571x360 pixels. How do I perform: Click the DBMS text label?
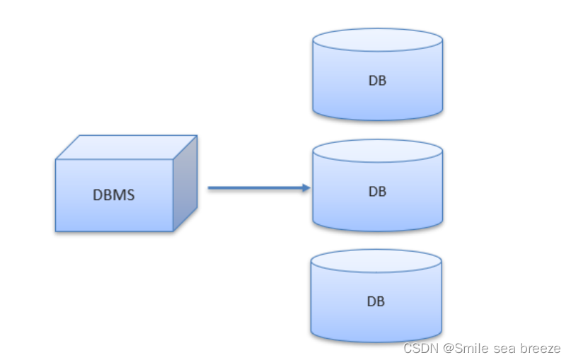pyautogui.click(x=114, y=194)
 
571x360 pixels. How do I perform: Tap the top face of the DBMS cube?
pyautogui.click(x=126, y=147)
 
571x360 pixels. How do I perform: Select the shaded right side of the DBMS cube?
pyautogui.click(x=185, y=183)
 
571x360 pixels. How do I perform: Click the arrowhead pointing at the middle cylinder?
pyautogui.click(x=306, y=187)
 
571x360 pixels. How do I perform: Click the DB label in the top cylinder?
pyautogui.click(x=377, y=81)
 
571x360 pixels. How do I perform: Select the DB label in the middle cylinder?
pyautogui.click(x=377, y=191)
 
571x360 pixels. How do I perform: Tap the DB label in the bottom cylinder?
pyautogui.click(x=376, y=301)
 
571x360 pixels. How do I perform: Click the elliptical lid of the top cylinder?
pyautogui.click(x=378, y=40)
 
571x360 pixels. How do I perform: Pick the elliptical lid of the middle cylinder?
pyautogui.click(x=378, y=151)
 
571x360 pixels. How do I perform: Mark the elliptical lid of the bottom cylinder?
pyautogui.click(x=376, y=261)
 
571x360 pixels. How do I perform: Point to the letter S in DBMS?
pyautogui.click(x=130, y=194)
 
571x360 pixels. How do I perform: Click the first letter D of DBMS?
pyautogui.click(x=98, y=194)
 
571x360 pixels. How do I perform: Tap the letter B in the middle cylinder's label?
pyautogui.click(x=382, y=191)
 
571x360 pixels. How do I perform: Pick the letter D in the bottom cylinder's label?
pyautogui.click(x=371, y=301)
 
